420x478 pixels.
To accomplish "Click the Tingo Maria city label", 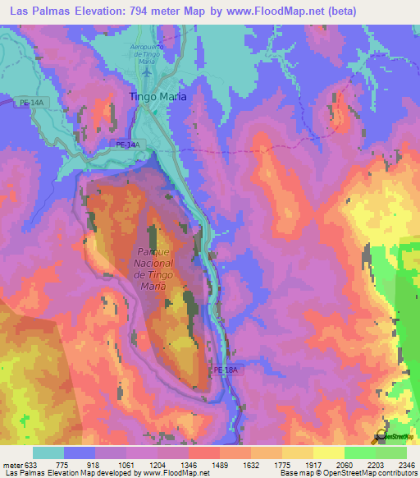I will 158,96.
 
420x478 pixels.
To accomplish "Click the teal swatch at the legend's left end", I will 48,453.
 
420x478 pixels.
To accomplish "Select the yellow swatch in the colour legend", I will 329,453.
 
